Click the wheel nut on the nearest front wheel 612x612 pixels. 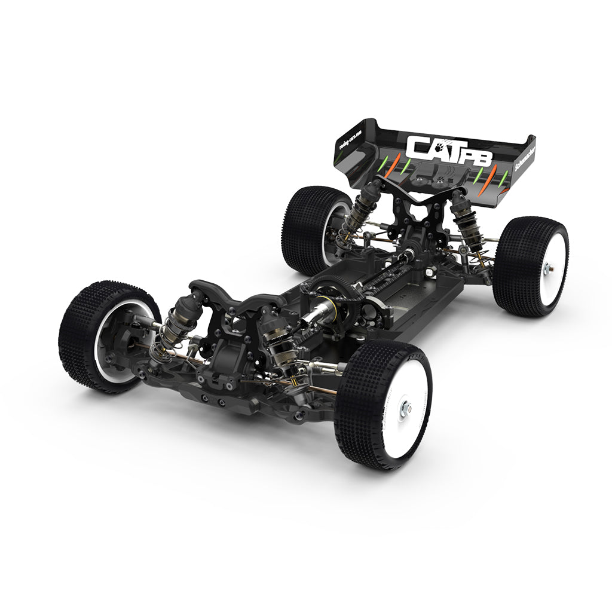tap(406, 409)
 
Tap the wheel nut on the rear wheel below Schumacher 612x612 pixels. tap(546, 269)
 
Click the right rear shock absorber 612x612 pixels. tap(465, 221)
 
